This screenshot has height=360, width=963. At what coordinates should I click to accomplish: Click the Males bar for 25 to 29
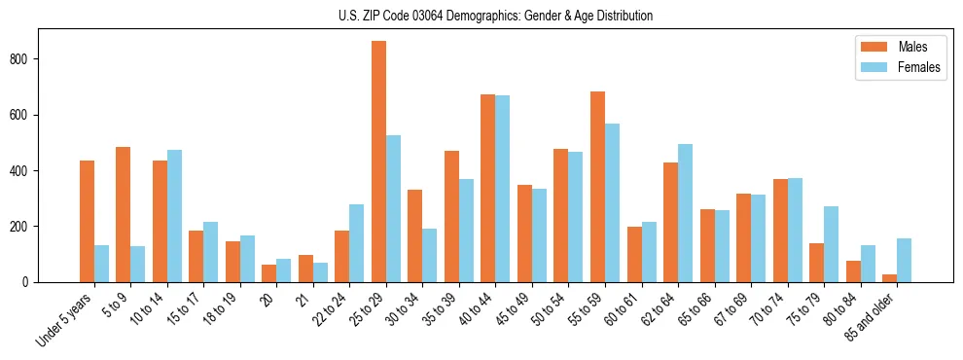pos(379,162)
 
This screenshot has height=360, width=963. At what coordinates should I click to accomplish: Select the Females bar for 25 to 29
pos(394,208)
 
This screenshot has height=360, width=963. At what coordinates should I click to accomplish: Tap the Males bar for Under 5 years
pos(88,221)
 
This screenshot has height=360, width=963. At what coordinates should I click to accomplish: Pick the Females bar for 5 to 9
pos(138,264)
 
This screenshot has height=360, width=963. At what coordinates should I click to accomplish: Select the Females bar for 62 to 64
pos(686,213)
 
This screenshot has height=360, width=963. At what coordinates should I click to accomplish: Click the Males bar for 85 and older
pos(890,278)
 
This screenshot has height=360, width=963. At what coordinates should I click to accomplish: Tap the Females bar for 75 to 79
pos(832,244)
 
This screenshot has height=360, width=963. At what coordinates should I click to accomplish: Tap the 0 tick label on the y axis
pos(30,282)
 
